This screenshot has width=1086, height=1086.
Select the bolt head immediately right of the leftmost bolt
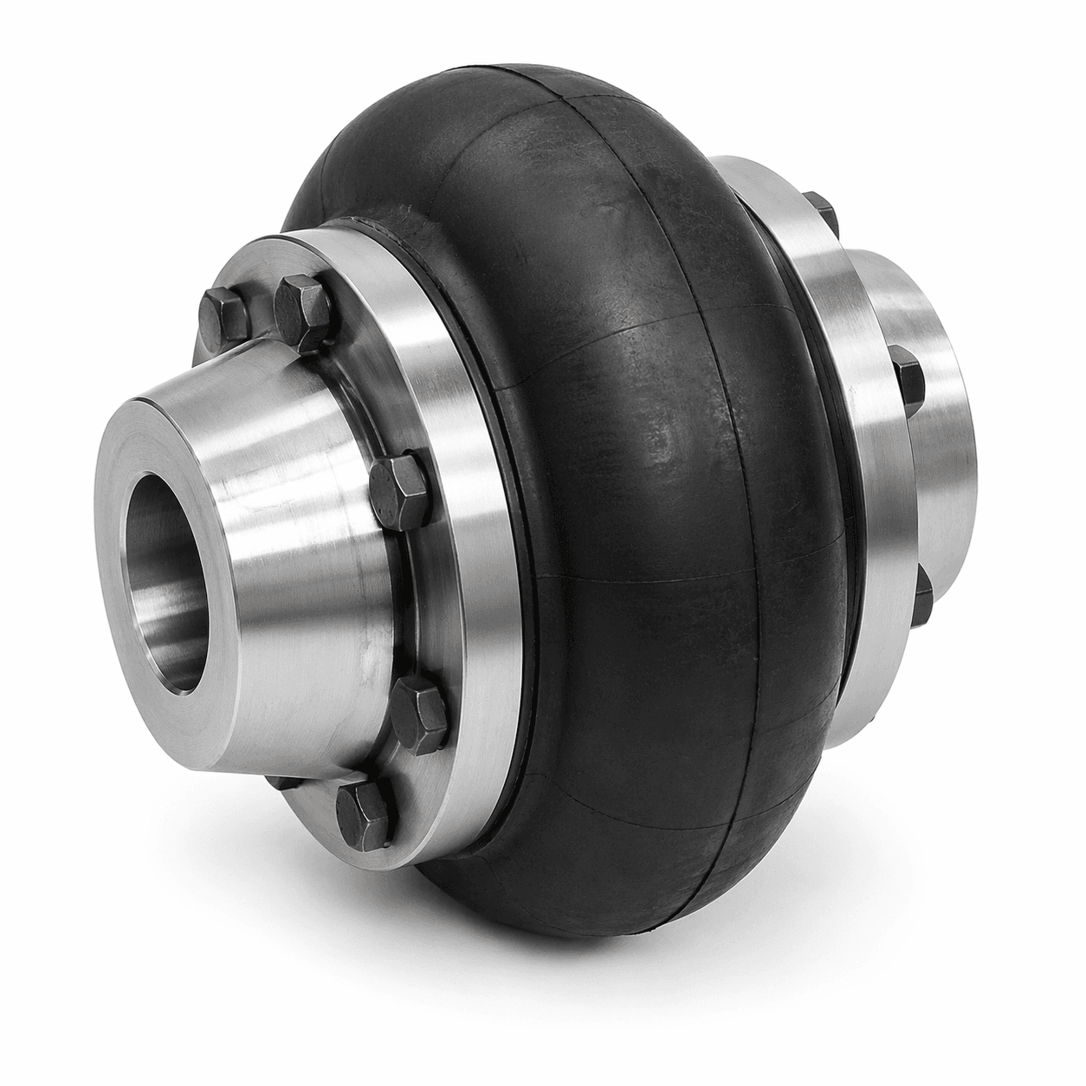pyautogui.click(x=301, y=303)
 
